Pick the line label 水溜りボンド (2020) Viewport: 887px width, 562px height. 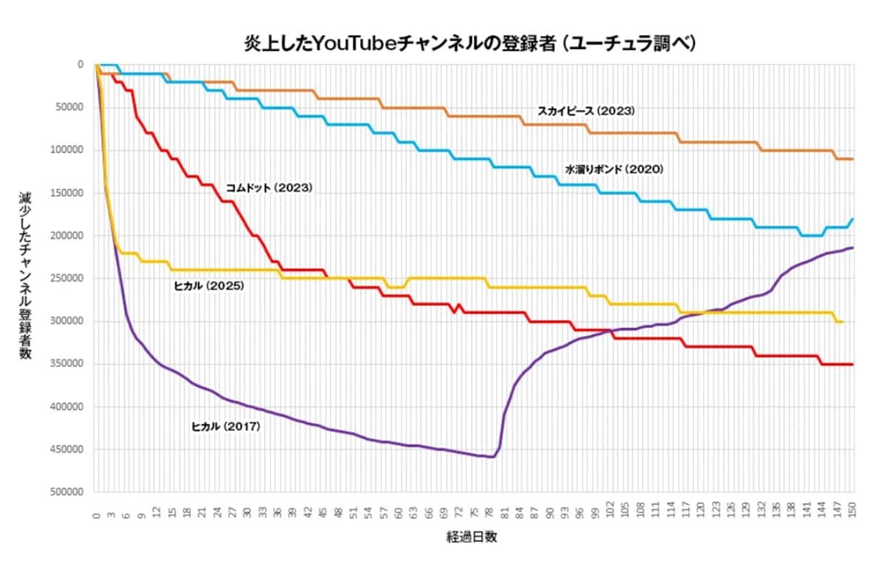click(x=614, y=169)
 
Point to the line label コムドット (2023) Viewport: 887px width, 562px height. click(x=269, y=188)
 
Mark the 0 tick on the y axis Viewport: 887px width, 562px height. click(x=81, y=64)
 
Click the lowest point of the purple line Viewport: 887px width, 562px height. click(x=493, y=457)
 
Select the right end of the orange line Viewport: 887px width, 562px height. click(x=853, y=159)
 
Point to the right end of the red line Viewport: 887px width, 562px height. click(x=853, y=364)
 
